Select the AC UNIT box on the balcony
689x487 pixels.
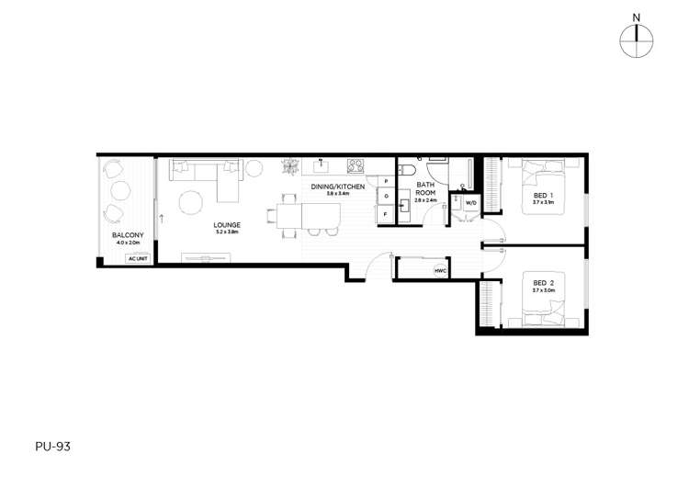[x=138, y=258]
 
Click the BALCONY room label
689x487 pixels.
[x=127, y=235]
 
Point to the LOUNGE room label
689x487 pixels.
[x=227, y=224]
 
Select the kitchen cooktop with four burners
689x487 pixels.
[x=356, y=165]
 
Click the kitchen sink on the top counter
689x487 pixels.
[x=322, y=165]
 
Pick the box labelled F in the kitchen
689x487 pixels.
[x=386, y=214]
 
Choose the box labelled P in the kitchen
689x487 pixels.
[x=386, y=181]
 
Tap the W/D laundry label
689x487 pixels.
[x=469, y=202]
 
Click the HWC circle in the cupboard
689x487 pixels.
[x=440, y=270]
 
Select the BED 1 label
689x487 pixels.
[x=542, y=196]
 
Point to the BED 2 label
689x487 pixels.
[x=542, y=282]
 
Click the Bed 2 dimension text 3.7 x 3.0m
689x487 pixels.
[x=542, y=290]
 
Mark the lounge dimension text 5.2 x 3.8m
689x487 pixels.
[x=227, y=232]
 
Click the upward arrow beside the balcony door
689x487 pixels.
[x=162, y=220]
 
